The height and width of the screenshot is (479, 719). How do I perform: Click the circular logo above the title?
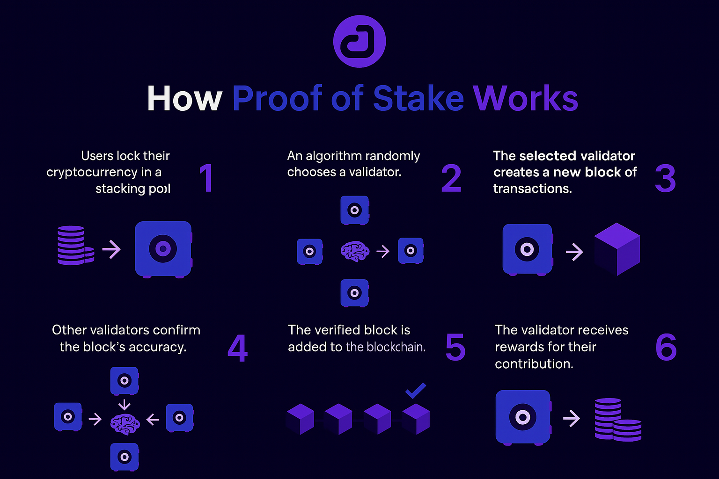coord(359,41)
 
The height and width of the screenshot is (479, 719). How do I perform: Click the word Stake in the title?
coord(418,99)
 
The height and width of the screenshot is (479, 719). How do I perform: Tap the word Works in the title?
coord(525,99)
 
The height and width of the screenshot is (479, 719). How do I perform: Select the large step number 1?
coord(206,178)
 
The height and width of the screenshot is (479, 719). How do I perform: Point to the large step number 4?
coord(237,348)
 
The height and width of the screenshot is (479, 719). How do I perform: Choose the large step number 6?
coord(666,348)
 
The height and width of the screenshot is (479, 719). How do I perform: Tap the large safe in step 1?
coord(163,249)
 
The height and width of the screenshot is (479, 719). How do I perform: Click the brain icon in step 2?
coord(355,251)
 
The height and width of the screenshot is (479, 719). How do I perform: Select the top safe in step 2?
coord(355,210)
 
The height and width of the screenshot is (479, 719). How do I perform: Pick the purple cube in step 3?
coord(617,249)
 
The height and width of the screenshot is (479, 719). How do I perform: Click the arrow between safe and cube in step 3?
coord(574,252)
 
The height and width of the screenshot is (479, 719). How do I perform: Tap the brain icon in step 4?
coord(125,424)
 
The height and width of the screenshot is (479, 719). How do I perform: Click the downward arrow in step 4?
coord(125,404)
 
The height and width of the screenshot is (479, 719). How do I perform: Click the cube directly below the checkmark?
coord(416,419)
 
